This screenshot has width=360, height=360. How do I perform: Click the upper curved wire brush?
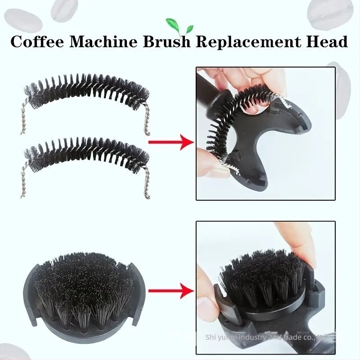pos(85,92)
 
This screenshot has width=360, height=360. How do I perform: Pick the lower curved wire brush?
pos(85,155)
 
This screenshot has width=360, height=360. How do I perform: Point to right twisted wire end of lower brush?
pos(145,184)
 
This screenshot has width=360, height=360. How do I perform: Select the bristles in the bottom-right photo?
pos(261,274)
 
